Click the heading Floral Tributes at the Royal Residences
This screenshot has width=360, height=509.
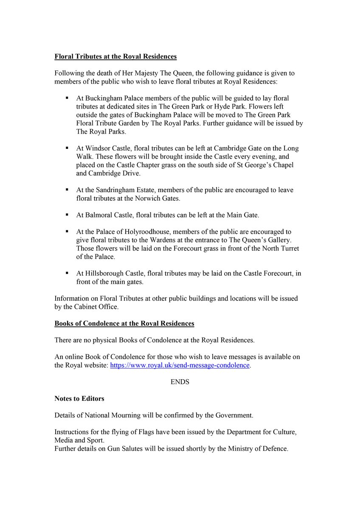[x=115, y=56]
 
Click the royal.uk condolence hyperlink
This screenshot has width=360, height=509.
[x=180, y=365]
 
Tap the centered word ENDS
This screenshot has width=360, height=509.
[x=180, y=382]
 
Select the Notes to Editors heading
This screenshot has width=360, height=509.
[x=79, y=399]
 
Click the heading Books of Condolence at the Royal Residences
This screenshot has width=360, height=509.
[x=124, y=323]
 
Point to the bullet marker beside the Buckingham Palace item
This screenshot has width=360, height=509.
[x=67, y=98]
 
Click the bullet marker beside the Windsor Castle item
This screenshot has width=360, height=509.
[x=67, y=148]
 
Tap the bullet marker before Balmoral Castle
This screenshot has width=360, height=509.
[x=67, y=215]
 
